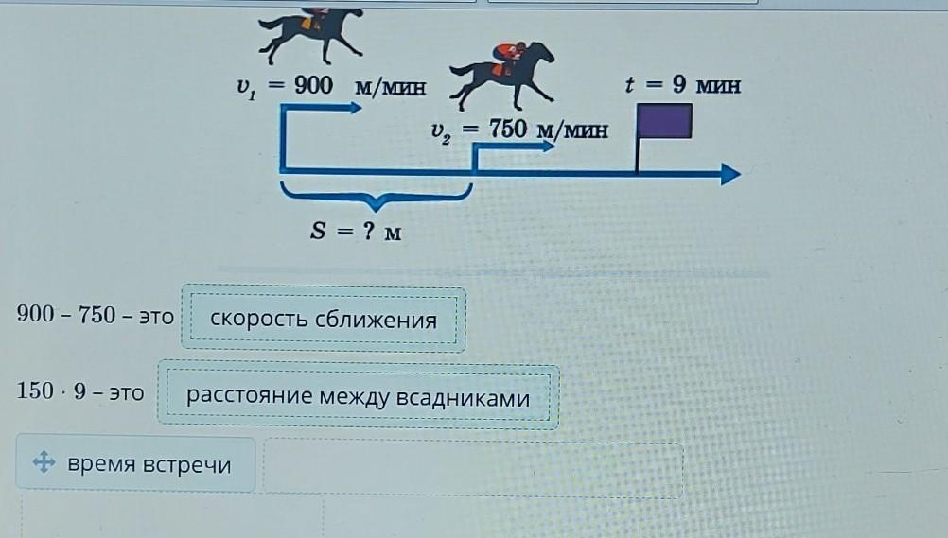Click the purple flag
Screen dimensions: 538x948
(x=664, y=121)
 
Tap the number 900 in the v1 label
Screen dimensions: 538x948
(x=313, y=85)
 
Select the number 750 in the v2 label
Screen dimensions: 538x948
(x=507, y=129)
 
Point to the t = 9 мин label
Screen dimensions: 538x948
(x=682, y=84)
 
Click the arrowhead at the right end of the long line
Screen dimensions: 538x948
(x=729, y=173)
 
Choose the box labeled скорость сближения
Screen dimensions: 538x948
(x=324, y=320)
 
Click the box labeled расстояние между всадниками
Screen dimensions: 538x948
(x=358, y=397)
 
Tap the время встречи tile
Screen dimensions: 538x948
(x=135, y=464)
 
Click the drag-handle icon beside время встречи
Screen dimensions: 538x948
(x=43, y=463)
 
